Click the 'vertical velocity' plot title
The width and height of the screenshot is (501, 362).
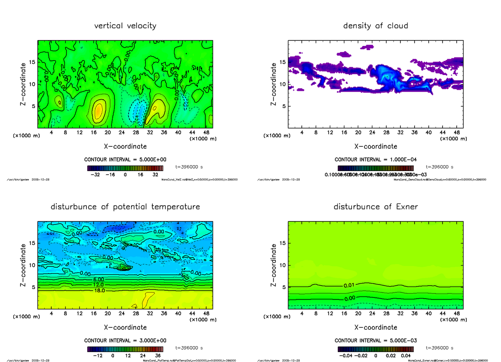tap(125, 26)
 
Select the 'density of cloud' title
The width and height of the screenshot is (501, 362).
tap(375, 26)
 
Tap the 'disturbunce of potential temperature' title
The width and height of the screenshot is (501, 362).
tap(125, 207)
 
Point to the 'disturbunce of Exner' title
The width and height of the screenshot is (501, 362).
tap(375, 207)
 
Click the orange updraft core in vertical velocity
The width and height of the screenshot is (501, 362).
tap(98, 111)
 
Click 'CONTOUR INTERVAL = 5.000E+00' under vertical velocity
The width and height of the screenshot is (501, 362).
tap(125, 160)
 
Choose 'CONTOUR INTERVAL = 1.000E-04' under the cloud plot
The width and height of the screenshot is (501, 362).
tap(376, 160)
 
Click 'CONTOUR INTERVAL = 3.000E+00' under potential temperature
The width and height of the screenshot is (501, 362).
tap(125, 340)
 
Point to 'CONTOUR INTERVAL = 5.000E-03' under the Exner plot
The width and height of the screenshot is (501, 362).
tap(376, 340)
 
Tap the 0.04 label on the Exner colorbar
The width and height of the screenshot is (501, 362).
tap(405, 356)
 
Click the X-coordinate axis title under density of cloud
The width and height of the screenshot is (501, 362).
tap(376, 146)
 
